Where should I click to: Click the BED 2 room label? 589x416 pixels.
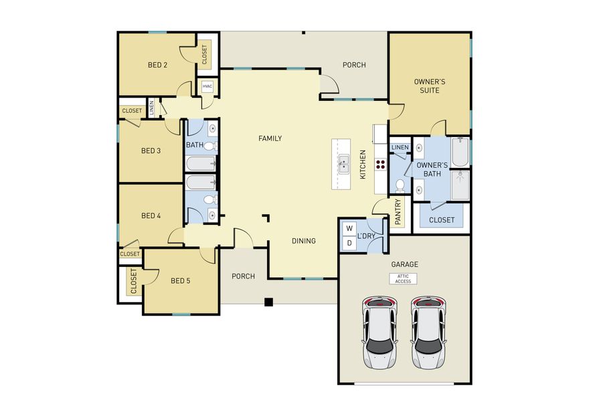tap(157, 66)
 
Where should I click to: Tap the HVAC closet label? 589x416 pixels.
tap(207, 86)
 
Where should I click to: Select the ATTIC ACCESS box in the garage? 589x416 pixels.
tap(403, 278)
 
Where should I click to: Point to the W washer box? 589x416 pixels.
tap(349, 229)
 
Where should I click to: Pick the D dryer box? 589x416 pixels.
tap(349, 243)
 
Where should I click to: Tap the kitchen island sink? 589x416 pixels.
tap(342, 163)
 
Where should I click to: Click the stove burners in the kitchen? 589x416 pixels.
tap(380, 164)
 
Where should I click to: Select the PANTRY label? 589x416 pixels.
tap(398, 211)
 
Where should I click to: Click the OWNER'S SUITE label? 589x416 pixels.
tap(429, 86)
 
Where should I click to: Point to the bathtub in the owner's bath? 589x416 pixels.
tap(460, 152)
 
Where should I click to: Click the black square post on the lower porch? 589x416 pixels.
tap(268, 302)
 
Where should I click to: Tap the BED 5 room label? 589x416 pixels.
tap(181, 281)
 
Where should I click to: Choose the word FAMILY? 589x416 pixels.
tap(270, 138)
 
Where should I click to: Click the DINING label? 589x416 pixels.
tap(303, 241)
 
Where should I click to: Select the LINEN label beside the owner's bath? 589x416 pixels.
tap(400, 147)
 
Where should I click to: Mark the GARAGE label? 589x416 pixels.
tap(404, 264)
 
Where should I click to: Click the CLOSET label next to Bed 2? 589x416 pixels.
tap(204, 54)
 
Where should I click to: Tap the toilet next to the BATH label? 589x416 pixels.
tap(209, 146)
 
